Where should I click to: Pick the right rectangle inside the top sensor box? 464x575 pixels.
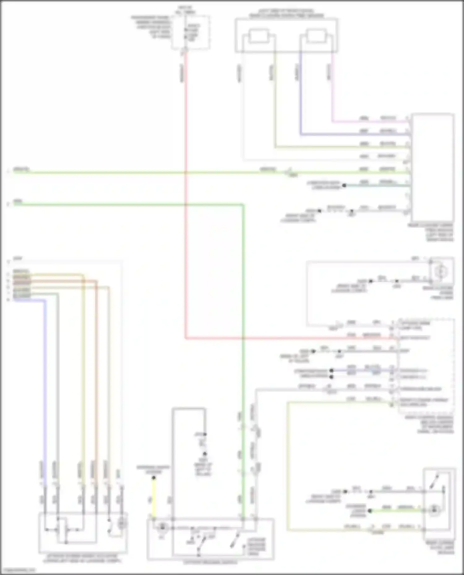click(316, 36)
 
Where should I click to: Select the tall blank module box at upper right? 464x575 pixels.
click(432, 167)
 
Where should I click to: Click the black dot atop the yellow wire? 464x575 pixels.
click(153, 478)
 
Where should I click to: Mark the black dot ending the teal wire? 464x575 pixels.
click(344, 185)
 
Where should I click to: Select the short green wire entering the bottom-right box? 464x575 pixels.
click(396, 511)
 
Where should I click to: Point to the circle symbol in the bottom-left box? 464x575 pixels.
click(122, 523)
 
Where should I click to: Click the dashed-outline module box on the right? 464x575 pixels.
click(426, 365)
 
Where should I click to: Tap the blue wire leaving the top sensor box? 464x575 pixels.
click(300, 93)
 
